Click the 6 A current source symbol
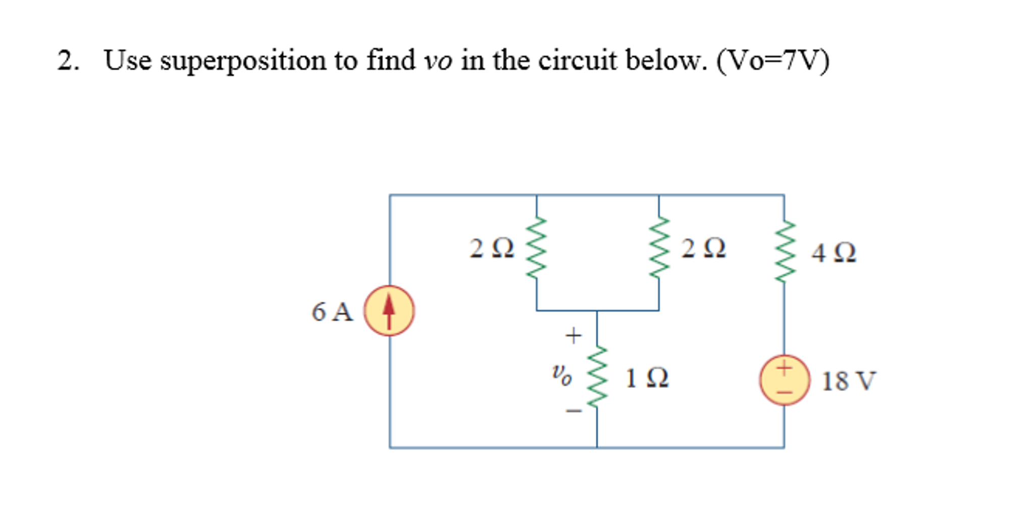(x=389, y=310)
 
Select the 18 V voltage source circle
(x=784, y=380)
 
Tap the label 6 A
(x=332, y=312)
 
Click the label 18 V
(x=848, y=381)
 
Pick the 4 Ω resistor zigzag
(x=784, y=251)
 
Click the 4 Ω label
(x=834, y=253)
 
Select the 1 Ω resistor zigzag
(x=597, y=376)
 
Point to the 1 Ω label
(x=647, y=378)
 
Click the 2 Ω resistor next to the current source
(x=536, y=248)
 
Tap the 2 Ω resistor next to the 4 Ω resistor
(x=659, y=248)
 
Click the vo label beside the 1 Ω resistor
(x=561, y=375)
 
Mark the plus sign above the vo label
(x=573, y=335)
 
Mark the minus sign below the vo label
(x=574, y=411)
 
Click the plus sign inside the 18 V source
(x=784, y=368)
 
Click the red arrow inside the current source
(x=388, y=309)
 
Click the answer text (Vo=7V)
(x=772, y=61)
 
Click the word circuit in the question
(x=578, y=61)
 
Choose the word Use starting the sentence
(x=128, y=61)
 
